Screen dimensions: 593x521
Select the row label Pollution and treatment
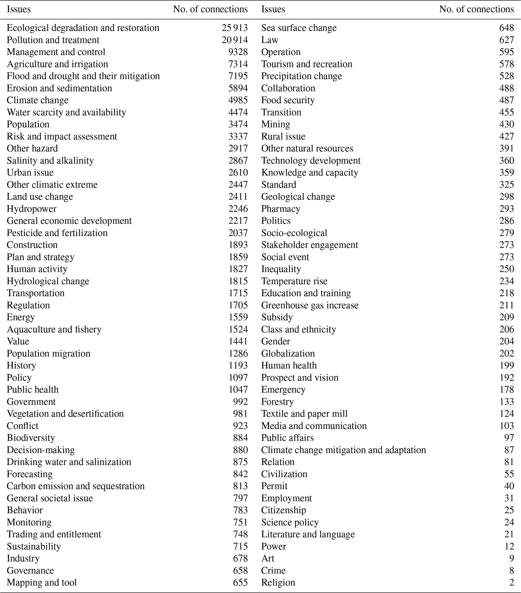(53, 40)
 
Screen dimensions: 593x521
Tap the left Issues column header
(19, 9)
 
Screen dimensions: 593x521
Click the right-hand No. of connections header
(476, 9)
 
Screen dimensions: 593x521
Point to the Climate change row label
(38, 100)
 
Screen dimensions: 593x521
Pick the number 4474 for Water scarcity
(238, 113)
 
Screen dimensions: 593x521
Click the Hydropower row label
(32, 209)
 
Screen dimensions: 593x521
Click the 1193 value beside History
(238, 366)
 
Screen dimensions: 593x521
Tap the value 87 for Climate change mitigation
(509, 450)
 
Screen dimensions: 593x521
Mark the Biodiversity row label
(31, 438)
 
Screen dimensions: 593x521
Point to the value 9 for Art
(511, 558)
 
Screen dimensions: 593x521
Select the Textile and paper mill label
(304, 414)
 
